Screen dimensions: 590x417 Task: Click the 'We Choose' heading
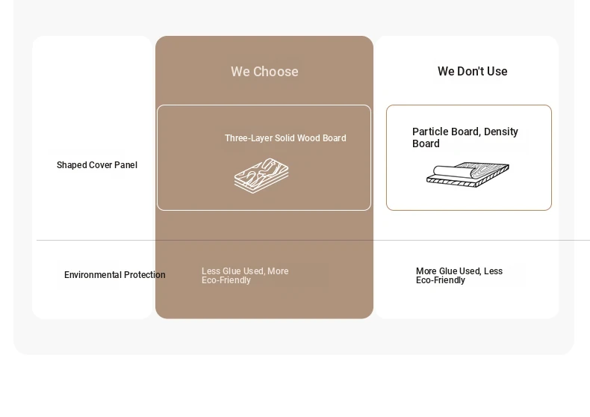click(x=264, y=72)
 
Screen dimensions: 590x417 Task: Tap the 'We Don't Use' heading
click(x=472, y=71)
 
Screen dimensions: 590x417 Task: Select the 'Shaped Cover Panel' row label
click(x=96, y=165)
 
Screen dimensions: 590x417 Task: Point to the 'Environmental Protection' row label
click(x=115, y=275)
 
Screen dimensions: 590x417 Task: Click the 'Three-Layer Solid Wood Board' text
click(x=285, y=138)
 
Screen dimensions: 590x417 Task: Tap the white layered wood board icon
click(x=261, y=176)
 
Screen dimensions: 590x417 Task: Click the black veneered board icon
click(x=468, y=175)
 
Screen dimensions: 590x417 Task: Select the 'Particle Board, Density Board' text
click(x=465, y=138)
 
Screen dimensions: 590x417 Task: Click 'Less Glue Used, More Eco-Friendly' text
click(x=245, y=276)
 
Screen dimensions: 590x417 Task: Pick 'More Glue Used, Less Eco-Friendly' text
click(x=459, y=276)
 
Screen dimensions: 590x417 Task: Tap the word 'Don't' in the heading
click(x=468, y=71)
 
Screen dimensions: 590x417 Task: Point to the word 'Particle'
click(x=429, y=132)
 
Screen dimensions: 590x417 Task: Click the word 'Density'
click(x=501, y=132)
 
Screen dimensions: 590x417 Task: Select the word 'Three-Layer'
click(x=249, y=138)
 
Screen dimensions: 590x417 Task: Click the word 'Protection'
click(x=145, y=275)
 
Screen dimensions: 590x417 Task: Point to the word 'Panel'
click(x=127, y=165)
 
